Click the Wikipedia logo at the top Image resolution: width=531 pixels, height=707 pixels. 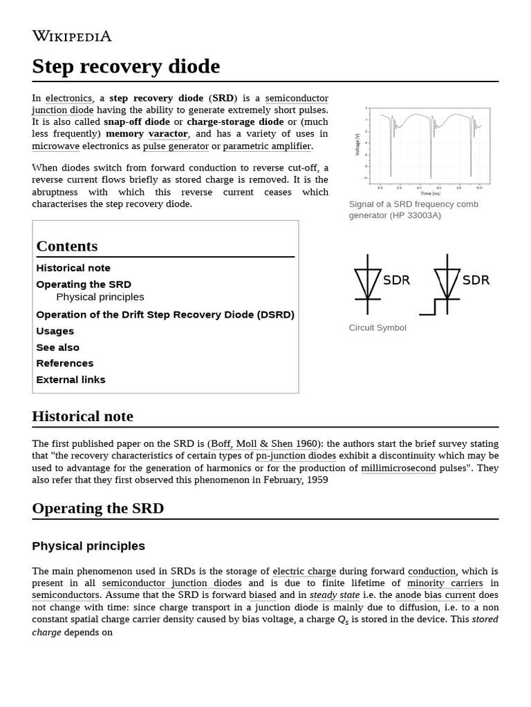point(71,37)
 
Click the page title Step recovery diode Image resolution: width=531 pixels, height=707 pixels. point(126,66)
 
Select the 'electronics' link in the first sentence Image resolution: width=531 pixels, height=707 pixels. point(68,98)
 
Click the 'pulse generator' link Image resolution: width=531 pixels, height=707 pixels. point(176,146)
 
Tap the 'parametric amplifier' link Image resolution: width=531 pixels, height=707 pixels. point(267,146)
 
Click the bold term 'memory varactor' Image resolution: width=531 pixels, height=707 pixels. point(147,134)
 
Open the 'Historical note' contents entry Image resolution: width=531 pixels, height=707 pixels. point(73,268)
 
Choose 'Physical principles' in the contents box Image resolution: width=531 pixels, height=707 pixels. point(100,297)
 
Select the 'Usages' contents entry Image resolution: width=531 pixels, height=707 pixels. point(55,331)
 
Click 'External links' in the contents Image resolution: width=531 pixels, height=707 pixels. point(71,380)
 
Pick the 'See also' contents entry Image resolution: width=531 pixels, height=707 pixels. point(58,347)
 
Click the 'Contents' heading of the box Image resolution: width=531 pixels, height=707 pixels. point(67,246)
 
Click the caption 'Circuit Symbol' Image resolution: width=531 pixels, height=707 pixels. point(378,328)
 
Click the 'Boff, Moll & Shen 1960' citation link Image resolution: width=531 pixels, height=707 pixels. point(264,444)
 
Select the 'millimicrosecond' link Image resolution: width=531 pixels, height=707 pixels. point(398,467)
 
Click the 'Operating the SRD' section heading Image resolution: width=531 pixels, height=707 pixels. point(98,509)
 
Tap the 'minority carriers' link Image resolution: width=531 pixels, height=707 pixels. point(445,583)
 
